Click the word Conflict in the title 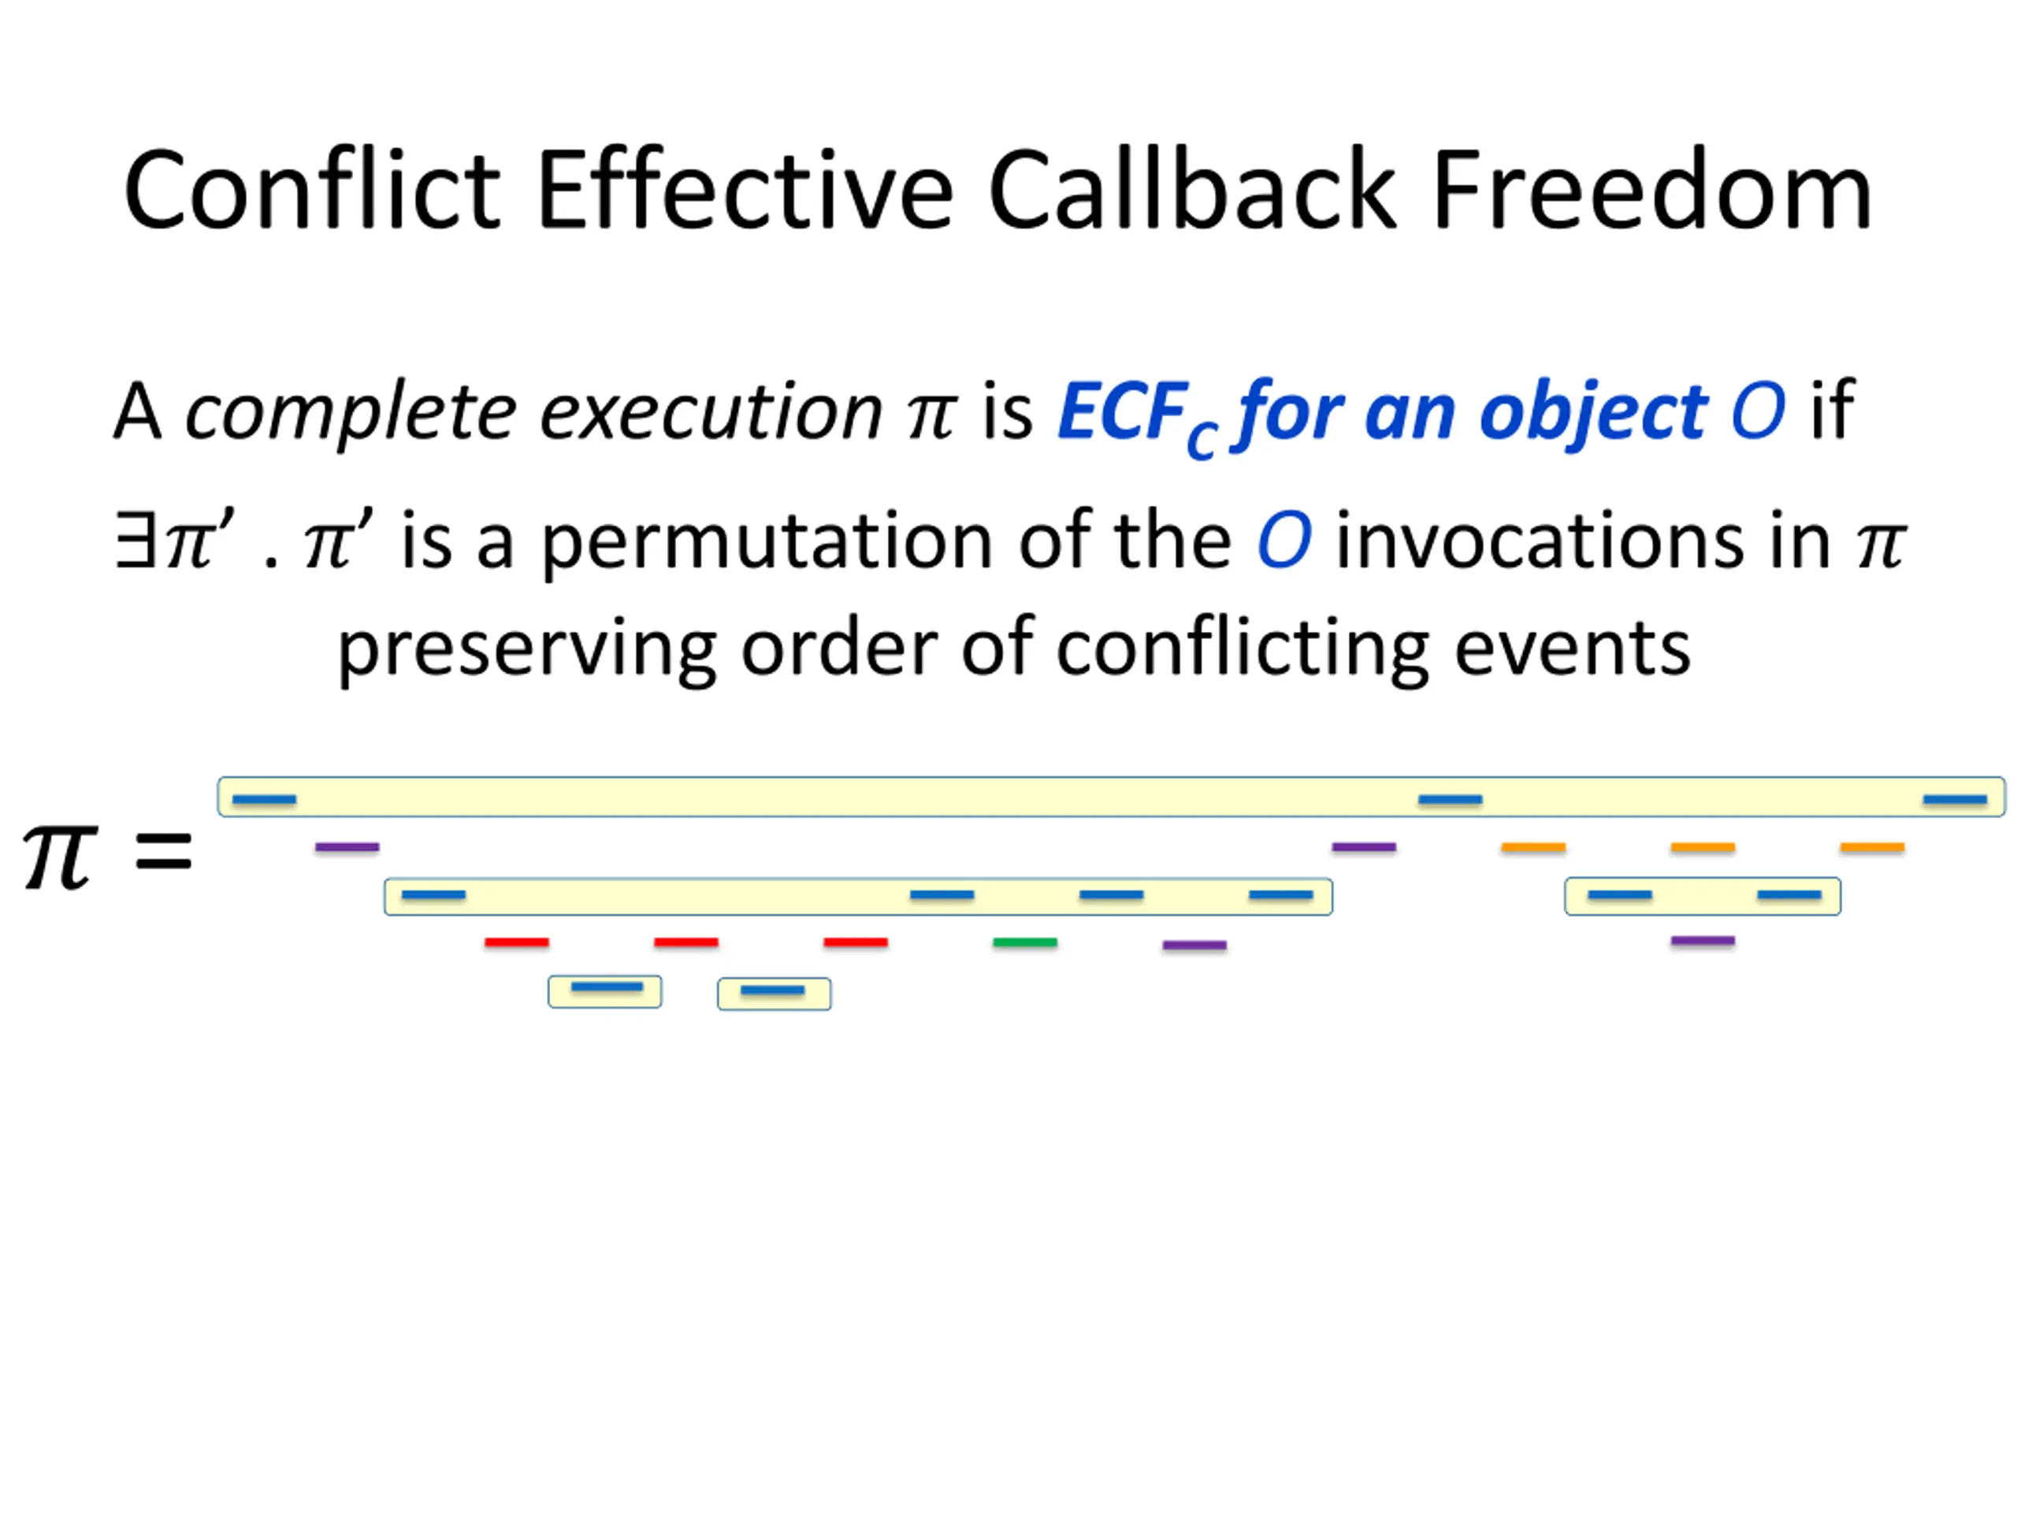tap(312, 191)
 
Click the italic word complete tap(351, 413)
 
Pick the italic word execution tap(711, 413)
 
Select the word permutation tap(767, 541)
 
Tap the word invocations tap(1583, 541)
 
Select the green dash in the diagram tap(1025, 942)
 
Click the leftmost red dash tap(517, 942)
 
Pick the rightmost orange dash tap(1872, 847)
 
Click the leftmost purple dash tap(347, 847)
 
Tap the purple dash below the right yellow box tap(1703, 940)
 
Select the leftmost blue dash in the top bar tap(265, 800)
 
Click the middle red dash tap(685, 942)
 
